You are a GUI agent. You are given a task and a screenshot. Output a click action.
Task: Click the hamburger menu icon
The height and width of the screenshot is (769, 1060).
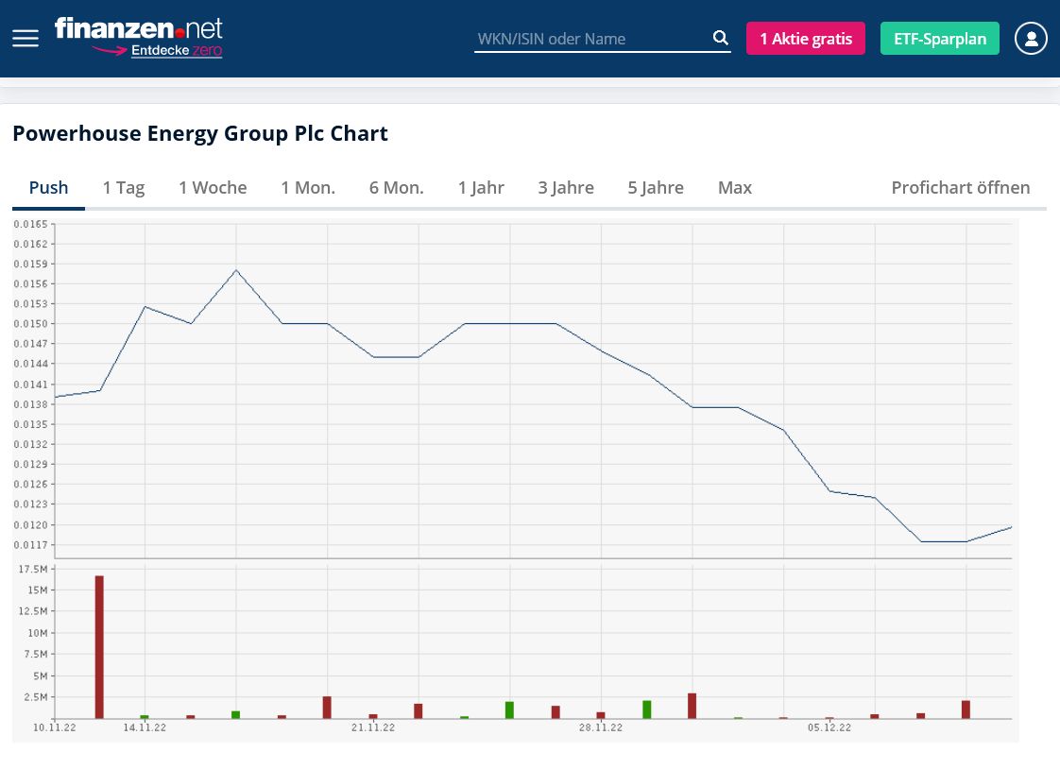tap(26, 39)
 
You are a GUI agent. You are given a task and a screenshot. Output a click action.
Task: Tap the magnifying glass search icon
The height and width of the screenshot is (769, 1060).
tap(720, 39)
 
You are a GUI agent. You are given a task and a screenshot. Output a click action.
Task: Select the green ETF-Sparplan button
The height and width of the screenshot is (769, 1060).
tap(939, 39)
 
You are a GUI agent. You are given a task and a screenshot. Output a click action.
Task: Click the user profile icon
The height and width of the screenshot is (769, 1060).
tap(1031, 39)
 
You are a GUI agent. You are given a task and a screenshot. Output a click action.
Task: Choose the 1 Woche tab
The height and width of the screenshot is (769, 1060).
tap(213, 187)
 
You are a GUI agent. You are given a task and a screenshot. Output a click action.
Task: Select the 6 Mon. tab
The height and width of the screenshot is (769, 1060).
tap(396, 187)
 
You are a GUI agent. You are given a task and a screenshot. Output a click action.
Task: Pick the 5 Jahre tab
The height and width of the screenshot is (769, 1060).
tap(656, 187)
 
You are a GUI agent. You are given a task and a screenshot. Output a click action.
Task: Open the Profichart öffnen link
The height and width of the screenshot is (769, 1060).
tap(960, 187)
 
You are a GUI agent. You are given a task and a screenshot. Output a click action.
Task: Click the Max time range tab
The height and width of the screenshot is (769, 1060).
tap(734, 187)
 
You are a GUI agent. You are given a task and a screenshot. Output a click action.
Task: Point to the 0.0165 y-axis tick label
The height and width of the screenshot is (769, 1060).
tap(31, 224)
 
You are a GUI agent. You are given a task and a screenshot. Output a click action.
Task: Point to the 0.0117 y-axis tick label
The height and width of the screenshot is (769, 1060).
tap(31, 545)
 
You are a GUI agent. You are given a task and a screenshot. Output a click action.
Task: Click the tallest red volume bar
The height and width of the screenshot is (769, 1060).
tap(99, 647)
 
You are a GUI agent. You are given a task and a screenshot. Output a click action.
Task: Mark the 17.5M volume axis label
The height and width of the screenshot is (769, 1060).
tap(33, 569)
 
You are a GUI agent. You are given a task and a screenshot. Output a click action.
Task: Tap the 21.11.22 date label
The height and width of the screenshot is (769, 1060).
tap(372, 727)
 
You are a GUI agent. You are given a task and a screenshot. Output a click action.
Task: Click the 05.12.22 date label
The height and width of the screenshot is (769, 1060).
tap(829, 727)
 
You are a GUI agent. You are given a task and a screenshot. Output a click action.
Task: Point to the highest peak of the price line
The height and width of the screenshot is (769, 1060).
tap(236, 270)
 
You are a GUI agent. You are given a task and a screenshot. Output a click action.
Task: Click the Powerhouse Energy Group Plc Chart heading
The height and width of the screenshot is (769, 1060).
tap(199, 133)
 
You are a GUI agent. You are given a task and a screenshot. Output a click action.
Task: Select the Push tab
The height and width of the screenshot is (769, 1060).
tap(48, 187)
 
